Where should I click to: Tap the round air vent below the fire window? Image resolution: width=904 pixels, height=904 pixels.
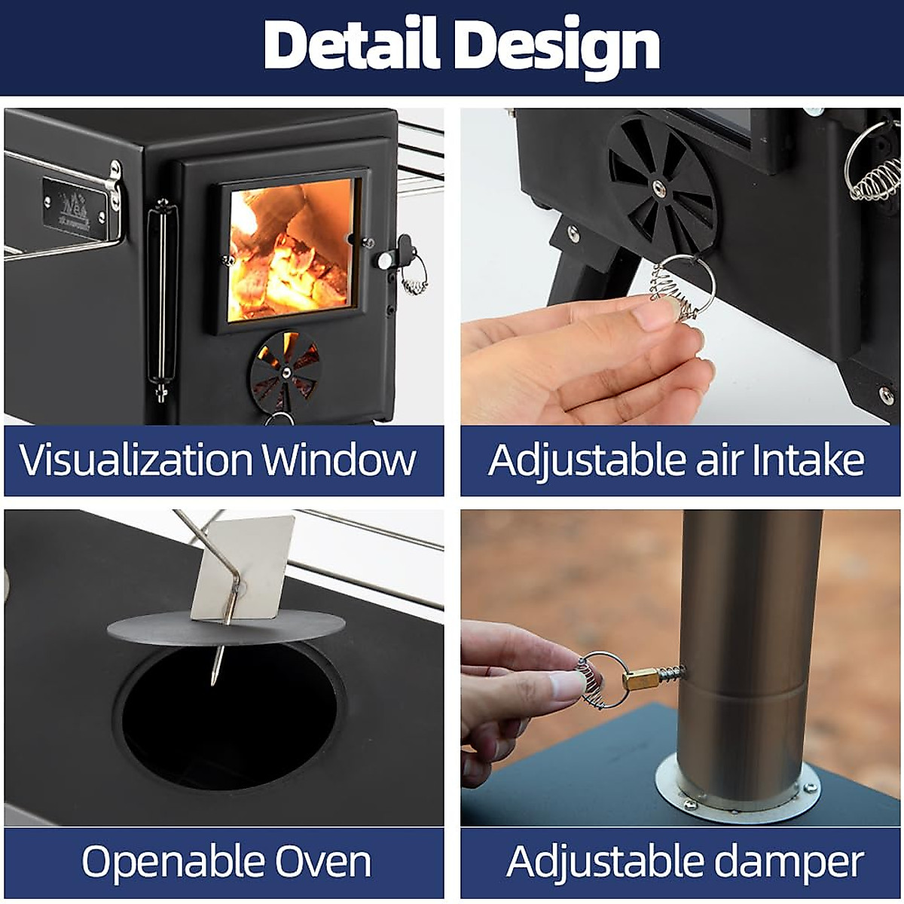[x=286, y=369]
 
